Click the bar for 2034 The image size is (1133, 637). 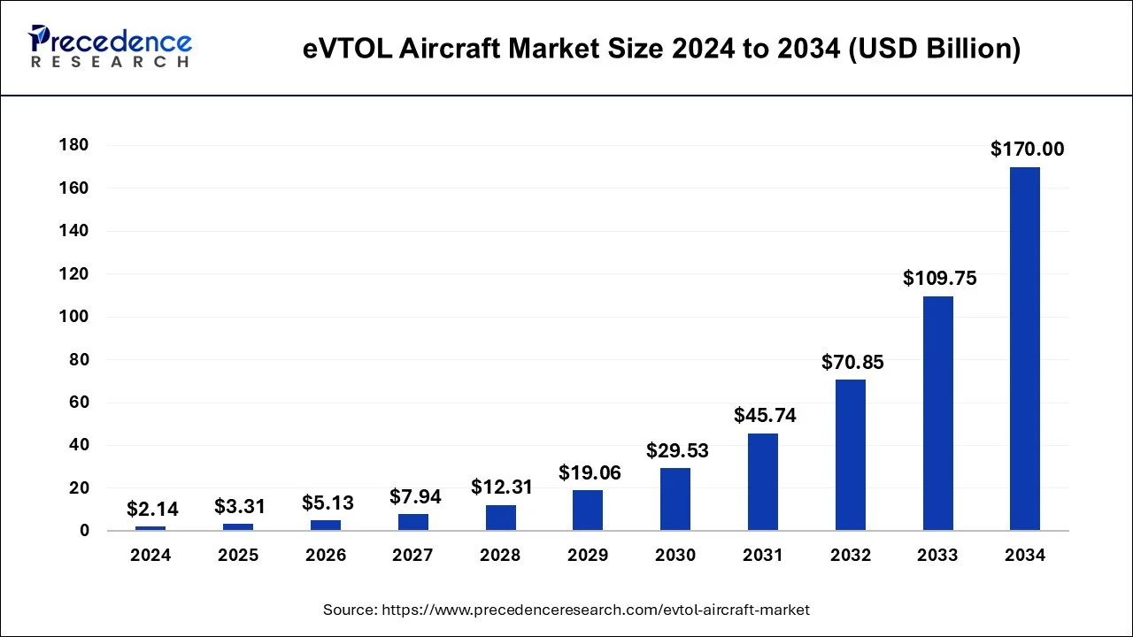(1025, 349)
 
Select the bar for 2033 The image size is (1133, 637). (937, 413)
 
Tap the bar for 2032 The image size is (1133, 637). (850, 455)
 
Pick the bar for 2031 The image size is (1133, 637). (762, 481)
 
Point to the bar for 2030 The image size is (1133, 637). (675, 499)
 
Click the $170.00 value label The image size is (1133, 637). (1027, 150)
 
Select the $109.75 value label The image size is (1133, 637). (939, 278)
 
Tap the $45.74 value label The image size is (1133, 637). (765, 416)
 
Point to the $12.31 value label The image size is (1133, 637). (502, 487)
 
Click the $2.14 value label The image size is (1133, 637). (152, 509)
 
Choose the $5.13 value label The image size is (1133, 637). (327, 503)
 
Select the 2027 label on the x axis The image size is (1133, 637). (412, 556)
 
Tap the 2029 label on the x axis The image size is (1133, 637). (588, 556)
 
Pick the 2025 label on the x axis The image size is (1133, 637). (238, 556)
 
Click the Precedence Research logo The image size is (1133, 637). (110, 47)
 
